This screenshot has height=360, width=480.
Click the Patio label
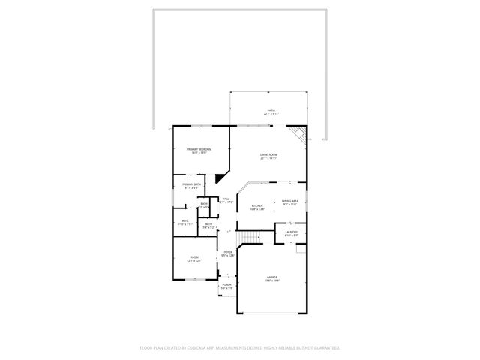[271, 110]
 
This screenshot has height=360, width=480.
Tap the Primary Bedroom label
[199, 150]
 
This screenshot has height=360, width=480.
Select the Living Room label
[269, 155]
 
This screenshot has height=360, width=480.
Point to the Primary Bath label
[191, 184]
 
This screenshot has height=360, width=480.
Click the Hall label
[226, 199]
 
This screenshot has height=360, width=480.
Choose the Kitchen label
[257, 206]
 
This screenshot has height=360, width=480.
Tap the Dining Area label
[290, 201]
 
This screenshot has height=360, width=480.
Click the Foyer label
[227, 252]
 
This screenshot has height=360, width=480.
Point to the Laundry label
[291, 232]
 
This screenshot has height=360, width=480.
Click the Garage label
[271, 277]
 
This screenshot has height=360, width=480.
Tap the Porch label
[226, 285]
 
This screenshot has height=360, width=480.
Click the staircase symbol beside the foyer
[248, 238]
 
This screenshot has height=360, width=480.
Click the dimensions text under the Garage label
[271, 280]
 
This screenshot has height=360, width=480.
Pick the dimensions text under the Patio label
[271, 114]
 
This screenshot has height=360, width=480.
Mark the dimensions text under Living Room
[269, 159]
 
